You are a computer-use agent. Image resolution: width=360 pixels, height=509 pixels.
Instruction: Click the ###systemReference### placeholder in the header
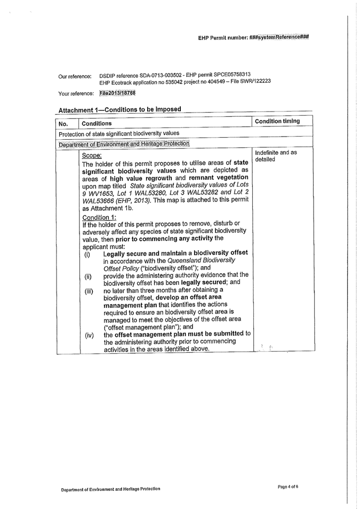click(279, 38)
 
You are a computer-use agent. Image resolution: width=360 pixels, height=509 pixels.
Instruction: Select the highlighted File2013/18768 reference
click(117, 93)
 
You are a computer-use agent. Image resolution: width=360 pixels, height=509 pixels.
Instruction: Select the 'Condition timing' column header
click(276, 121)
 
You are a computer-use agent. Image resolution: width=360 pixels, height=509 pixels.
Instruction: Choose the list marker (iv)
click(89, 336)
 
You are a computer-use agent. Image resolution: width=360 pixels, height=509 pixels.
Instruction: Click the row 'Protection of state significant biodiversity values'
click(119, 133)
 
